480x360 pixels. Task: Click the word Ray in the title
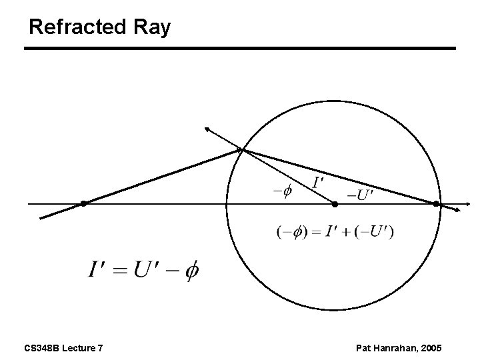pyautogui.click(x=155, y=27)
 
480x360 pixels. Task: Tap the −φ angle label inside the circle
pyautogui.click(x=282, y=191)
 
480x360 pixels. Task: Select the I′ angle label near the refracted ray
pyautogui.click(x=319, y=181)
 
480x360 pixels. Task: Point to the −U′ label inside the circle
pyautogui.click(x=361, y=195)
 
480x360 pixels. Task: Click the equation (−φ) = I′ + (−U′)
pyautogui.click(x=335, y=232)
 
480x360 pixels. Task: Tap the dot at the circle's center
pyautogui.click(x=335, y=203)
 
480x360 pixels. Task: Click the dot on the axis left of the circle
pyautogui.click(x=83, y=203)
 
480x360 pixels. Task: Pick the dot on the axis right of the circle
pyautogui.click(x=437, y=203)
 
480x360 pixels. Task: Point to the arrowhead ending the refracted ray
pyautogui.click(x=458, y=209)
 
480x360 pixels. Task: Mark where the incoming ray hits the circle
pyautogui.click(x=243, y=151)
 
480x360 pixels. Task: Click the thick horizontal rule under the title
pyautogui.click(x=240, y=49)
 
